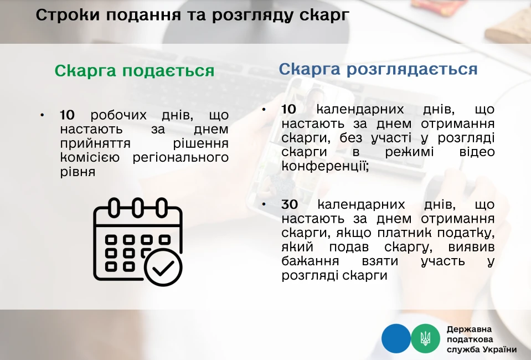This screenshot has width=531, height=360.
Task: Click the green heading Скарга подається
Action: [x=135, y=71]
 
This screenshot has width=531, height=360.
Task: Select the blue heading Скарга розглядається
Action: [x=378, y=69]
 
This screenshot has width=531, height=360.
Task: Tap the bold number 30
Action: [x=290, y=204]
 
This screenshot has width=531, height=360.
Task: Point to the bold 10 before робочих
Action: [x=67, y=115]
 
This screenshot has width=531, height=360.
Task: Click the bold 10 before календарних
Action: [x=288, y=110]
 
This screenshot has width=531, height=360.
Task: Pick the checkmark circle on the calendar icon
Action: [x=163, y=267]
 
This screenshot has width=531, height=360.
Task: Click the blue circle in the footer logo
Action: [x=396, y=338]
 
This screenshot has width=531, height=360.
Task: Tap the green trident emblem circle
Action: [x=425, y=338]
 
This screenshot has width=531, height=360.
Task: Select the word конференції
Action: [x=325, y=166]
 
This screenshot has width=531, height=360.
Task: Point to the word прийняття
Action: [x=95, y=143]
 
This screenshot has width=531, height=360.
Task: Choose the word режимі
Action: [x=409, y=152]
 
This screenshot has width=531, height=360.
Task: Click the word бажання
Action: [x=310, y=261]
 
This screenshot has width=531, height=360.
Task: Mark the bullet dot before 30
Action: [x=264, y=204]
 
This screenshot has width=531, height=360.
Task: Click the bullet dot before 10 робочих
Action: [x=42, y=115]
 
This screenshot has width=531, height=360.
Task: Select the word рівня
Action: [x=78, y=172]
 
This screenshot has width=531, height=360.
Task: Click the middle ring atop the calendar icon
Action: [x=137, y=207]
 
